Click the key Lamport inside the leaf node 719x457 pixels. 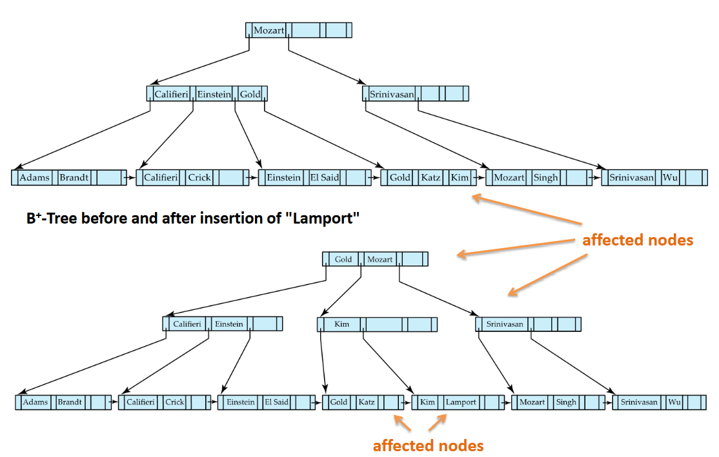coord(461,402)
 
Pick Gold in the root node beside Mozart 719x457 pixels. coord(343,259)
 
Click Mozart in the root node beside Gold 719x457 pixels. coord(380,259)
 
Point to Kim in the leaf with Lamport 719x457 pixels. coord(427,402)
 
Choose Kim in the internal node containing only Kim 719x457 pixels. coord(341,324)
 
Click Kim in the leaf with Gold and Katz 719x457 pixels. coord(460,177)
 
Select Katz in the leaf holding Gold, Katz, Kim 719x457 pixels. coord(430,177)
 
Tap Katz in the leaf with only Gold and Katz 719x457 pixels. coord(367,402)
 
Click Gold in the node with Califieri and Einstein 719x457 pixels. coord(250,94)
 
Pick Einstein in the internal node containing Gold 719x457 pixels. coord(214,94)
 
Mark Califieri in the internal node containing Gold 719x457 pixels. coord(171,94)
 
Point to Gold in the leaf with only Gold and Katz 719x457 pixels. coord(339,402)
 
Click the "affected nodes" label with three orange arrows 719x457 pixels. coord(637,240)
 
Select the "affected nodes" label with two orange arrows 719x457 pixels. coord(428,445)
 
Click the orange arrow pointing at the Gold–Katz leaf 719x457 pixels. coord(402,423)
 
